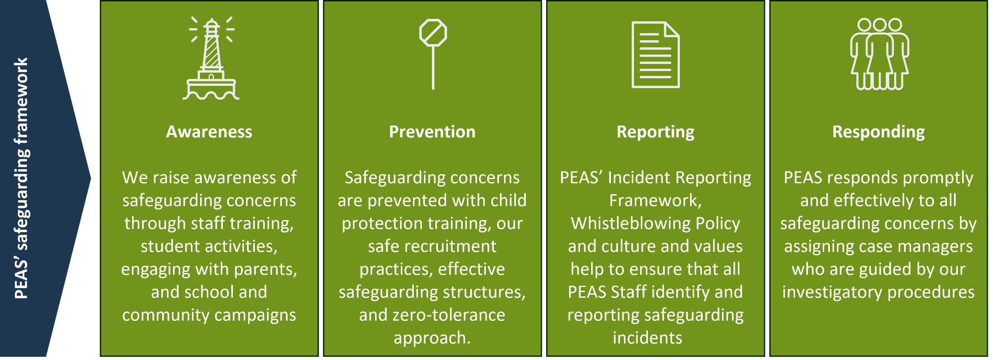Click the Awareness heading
point(209,132)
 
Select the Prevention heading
point(432,132)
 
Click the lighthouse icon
point(211,58)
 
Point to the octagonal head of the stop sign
point(433,33)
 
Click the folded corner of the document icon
point(672,30)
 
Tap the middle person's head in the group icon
point(880,25)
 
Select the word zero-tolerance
point(449,315)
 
